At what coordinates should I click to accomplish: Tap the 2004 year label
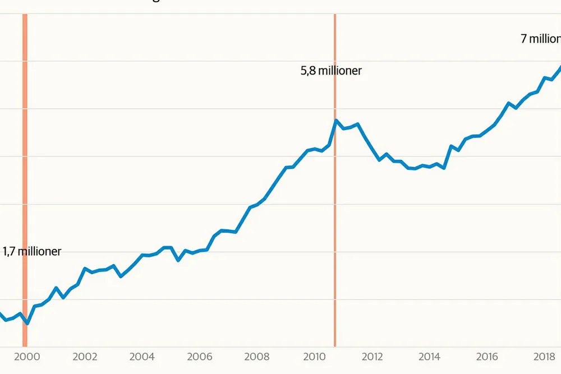click(x=142, y=357)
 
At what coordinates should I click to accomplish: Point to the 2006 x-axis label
click(x=199, y=357)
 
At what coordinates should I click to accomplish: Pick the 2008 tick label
click(x=257, y=357)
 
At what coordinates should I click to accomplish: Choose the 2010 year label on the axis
click(x=314, y=357)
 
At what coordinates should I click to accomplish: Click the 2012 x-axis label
click(x=372, y=357)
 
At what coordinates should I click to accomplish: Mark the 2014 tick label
click(x=429, y=357)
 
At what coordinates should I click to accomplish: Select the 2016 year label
click(x=487, y=357)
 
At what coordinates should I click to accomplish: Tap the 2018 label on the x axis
click(x=544, y=357)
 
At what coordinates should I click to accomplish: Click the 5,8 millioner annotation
click(x=331, y=71)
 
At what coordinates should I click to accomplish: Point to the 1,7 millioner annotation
click(x=32, y=252)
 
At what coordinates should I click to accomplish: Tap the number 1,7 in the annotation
click(x=10, y=252)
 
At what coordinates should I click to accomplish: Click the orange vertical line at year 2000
click(x=25, y=168)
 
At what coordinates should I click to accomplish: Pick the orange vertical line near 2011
click(x=335, y=224)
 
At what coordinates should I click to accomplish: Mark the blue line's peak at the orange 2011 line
click(x=335, y=121)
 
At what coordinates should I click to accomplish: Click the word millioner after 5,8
click(x=341, y=71)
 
